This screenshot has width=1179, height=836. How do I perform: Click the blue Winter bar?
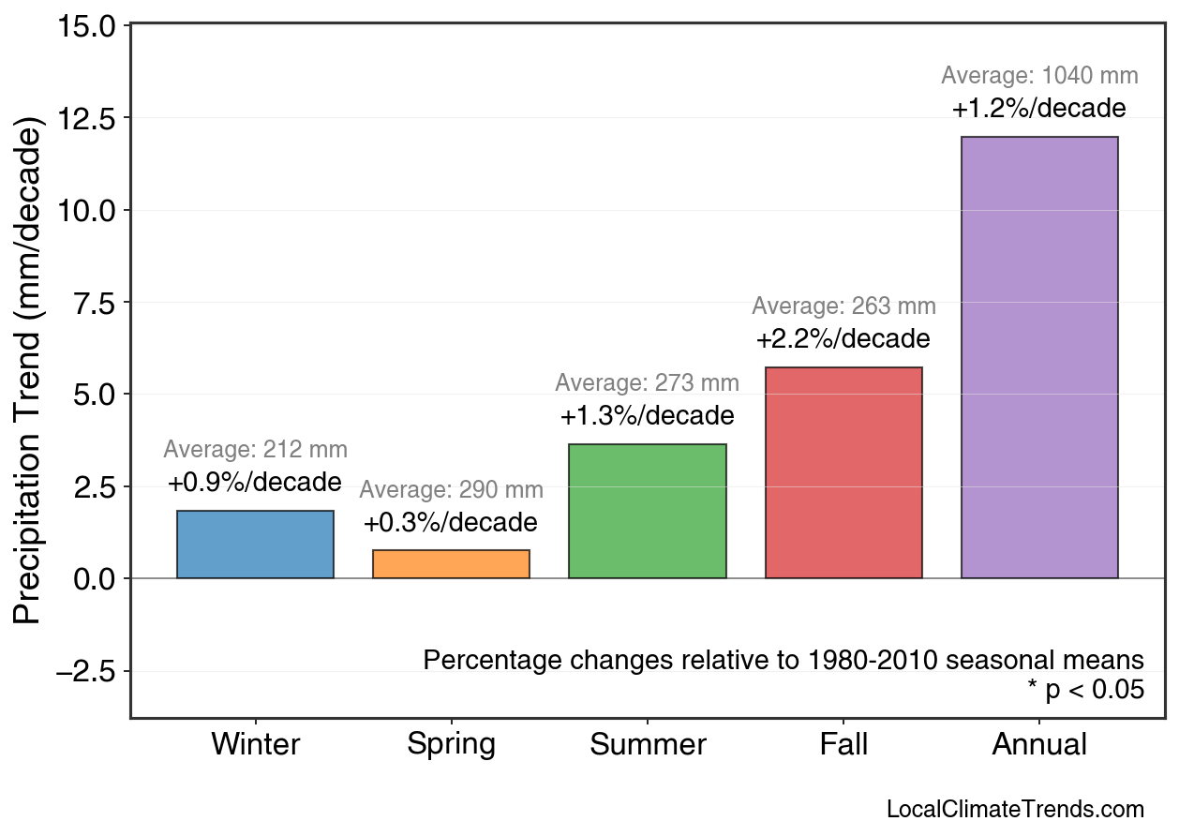255,545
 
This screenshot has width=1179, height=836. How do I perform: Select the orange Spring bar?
451,564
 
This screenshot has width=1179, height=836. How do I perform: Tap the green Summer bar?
647,512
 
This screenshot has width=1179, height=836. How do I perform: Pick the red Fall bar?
843,473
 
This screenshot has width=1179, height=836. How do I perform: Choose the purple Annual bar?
1039,358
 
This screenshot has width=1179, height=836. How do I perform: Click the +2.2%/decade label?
843,338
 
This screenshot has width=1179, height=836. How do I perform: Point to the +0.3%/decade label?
451,522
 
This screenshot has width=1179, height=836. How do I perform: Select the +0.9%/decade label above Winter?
255,483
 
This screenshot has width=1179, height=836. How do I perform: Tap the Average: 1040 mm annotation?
1039,76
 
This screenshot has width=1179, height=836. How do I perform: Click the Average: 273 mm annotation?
647,383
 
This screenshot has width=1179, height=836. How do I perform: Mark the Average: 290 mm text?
451,490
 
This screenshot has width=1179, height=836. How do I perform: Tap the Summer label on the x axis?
648,745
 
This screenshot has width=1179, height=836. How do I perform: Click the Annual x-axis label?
1039,745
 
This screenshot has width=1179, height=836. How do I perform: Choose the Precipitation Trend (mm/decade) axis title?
29,370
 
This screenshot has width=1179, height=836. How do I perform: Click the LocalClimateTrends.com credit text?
1015,810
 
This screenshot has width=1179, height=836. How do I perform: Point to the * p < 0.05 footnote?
1085,690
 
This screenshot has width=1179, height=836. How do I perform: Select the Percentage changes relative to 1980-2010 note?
784,660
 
